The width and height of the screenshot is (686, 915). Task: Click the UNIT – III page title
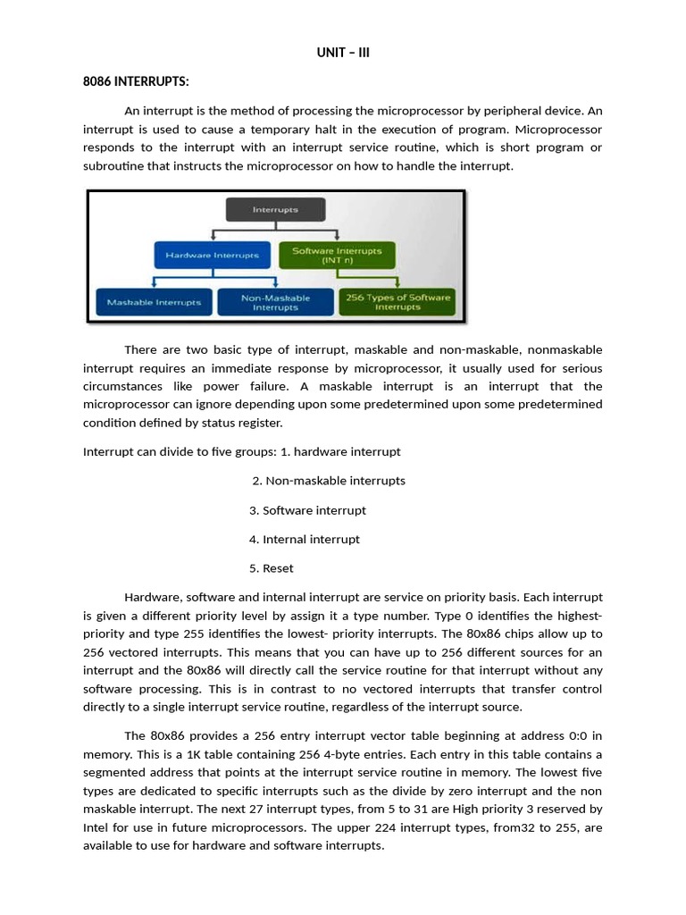pyautogui.click(x=343, y=53)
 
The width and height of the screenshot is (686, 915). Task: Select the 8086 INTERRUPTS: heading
pyautogui.click(x=136, y=82)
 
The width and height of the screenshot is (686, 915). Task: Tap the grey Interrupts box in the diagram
pyautogui.click(x=275, y=210)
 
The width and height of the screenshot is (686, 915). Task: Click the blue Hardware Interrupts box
pyautogui.click(x=212, y=255)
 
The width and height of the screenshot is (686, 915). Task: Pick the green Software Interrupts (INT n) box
pyautogui.click(x=337, y=255)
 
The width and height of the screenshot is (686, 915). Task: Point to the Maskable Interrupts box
pyautogui.click(x=155, y=302)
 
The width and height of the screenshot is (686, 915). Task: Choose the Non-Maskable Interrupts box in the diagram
pyautogui.click(x=275, y=302)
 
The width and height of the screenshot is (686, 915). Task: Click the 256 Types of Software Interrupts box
pyautogui.click(x=397, y=302)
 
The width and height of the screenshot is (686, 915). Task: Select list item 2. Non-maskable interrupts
pyautogui.click(x=329, y=481)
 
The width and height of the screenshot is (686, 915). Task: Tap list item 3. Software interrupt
pyautogui.click(x=308, y=510)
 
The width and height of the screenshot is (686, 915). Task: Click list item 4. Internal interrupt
pyautogui.click(x=305, y=539)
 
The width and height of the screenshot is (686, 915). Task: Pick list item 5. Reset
pyautogui.click(x=272, y=568)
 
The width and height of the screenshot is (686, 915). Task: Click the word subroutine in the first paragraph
pyautogui.click(x=114, y=166)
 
